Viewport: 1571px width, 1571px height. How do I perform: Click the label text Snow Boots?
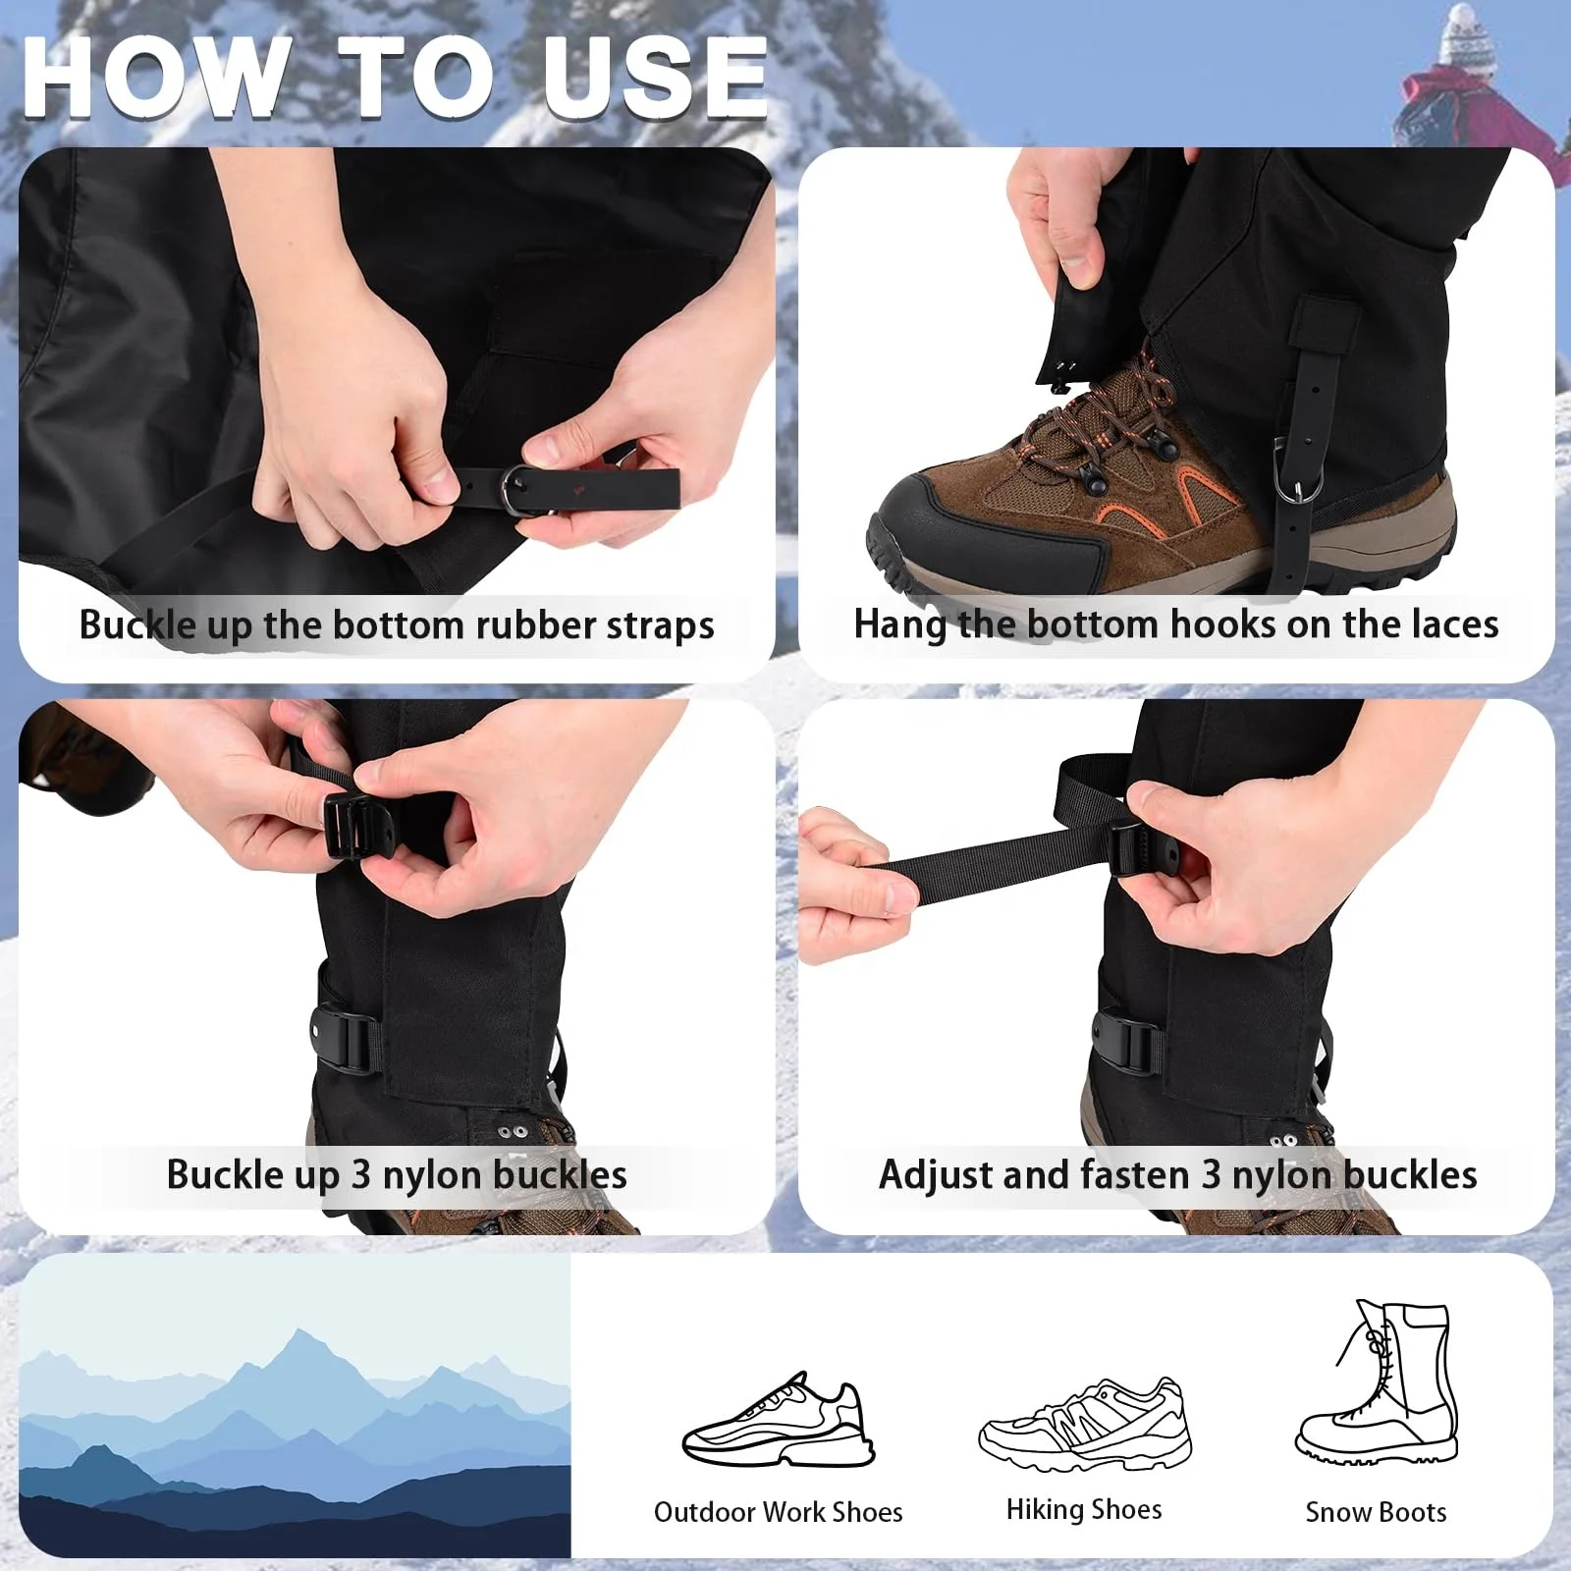click(x=1376, y=1512)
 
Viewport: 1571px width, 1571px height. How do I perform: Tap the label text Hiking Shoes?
click(x=1084, y=1509)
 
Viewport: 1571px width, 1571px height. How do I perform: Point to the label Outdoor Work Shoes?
click(x=778, y=1512)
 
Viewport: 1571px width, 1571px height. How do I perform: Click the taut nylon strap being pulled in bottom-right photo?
click(x=992, y=868)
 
